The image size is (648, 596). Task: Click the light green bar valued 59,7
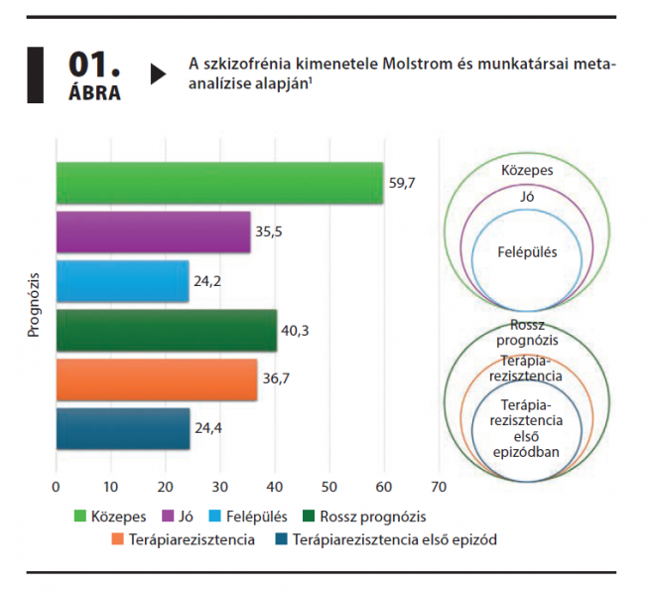[x=218, y=183]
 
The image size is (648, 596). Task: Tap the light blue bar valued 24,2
[x=121, y=281]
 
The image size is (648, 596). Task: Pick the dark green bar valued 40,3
[x=166, y=331]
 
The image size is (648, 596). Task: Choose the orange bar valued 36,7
[x=156, y=379]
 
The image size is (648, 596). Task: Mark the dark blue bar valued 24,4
[x=122, y=429]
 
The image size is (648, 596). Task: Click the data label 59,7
[x=401, y=183]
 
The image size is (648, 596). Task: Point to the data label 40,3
[x=296, y=331]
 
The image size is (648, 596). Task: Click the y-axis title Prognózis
[x=33, y=306]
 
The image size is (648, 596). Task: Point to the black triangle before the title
[x=158, y=74]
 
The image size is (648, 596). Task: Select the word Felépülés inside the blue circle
[x=527, y=252]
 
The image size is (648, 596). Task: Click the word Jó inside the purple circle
[x=527, y=198]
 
